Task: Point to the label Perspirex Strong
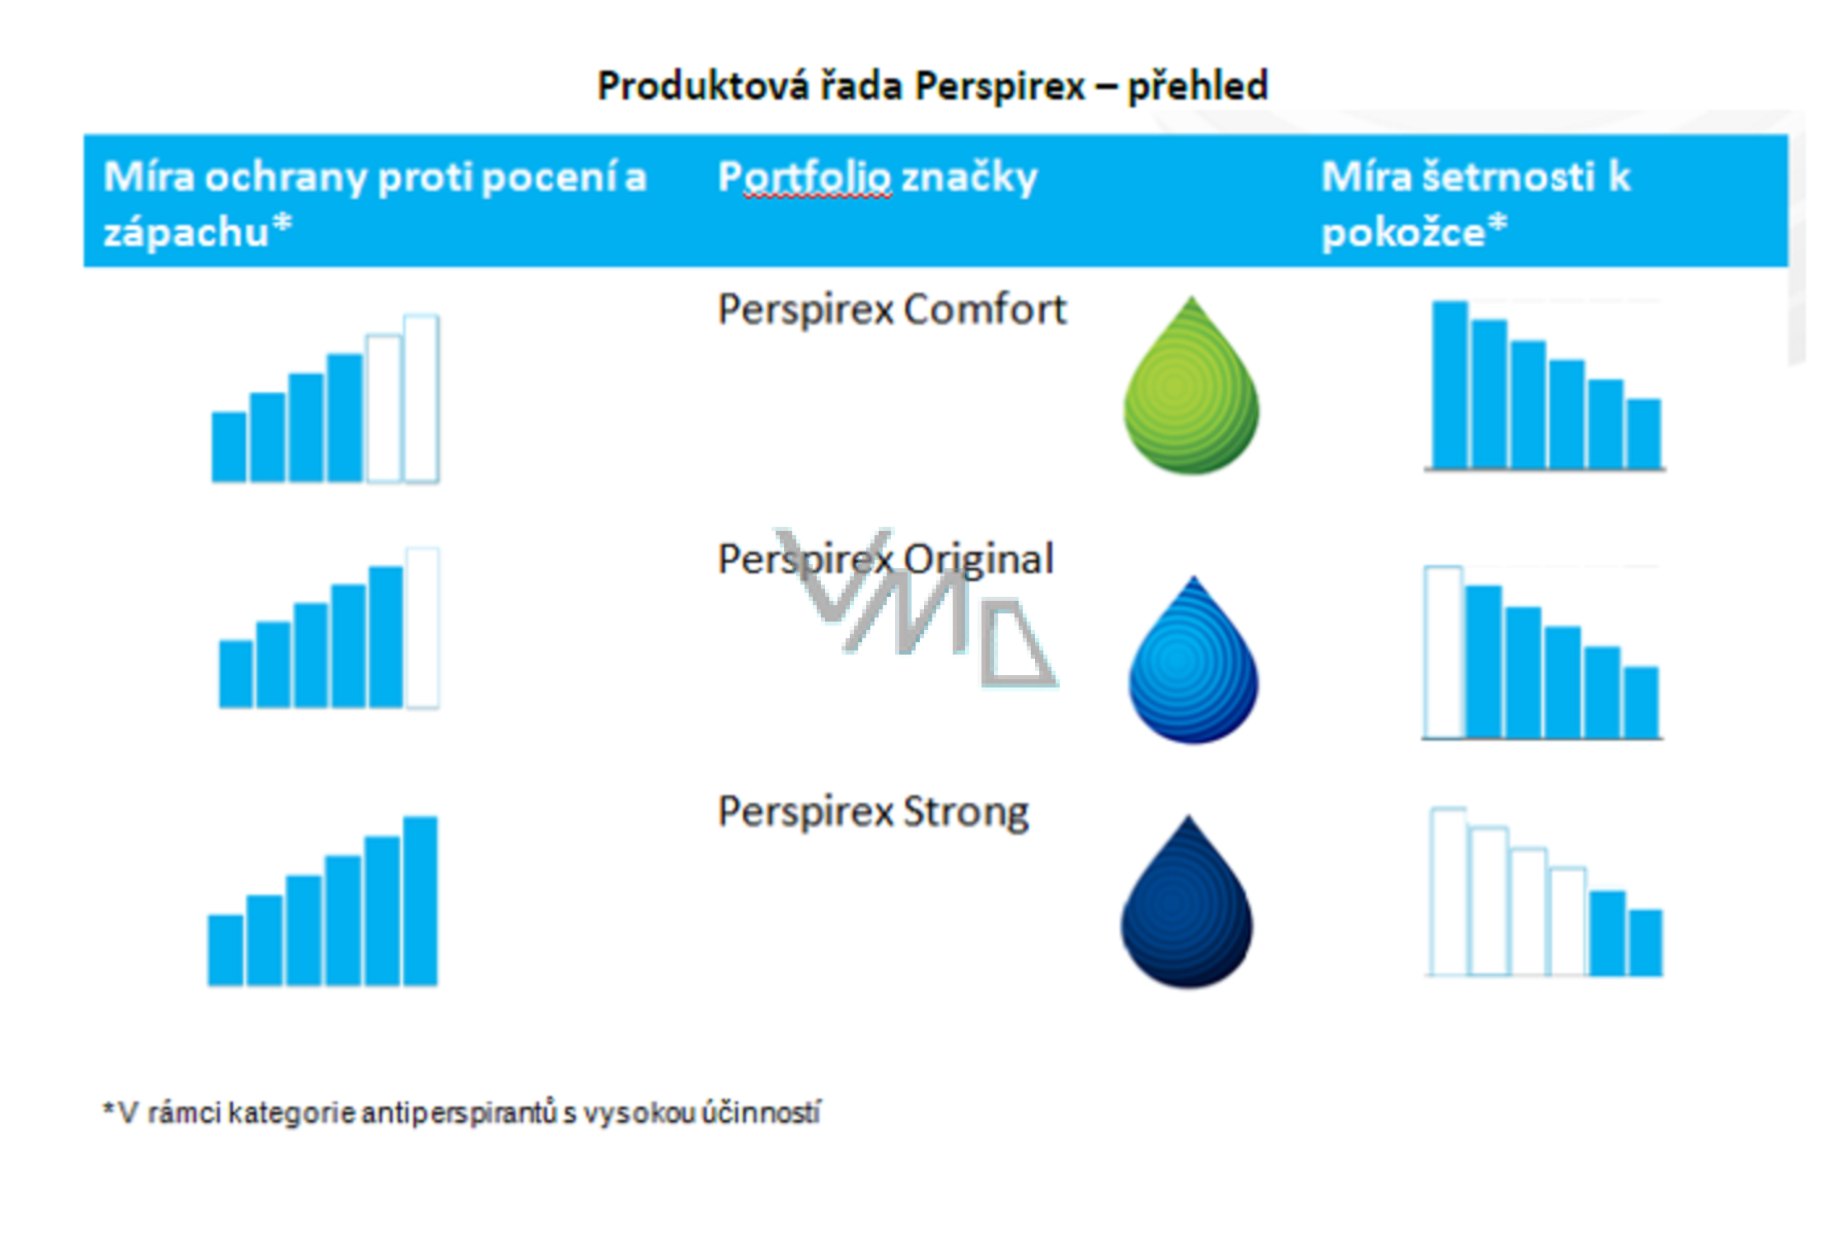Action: tap(873, 812)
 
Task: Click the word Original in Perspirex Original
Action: tap(978, 560)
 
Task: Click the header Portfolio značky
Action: tap(877, 177)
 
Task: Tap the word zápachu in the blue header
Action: tap(186, 232)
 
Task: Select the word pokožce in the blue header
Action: tap(1403, 232)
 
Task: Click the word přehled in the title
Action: tap(1197, 86)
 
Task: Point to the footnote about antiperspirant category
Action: tap(461, 1113)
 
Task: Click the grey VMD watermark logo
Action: tap(913, 606)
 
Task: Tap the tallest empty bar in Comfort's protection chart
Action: tap(421, 398)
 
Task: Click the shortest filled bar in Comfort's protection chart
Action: tap(229, 446)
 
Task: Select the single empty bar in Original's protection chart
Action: tap(422, 628)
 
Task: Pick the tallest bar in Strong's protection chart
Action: tap(420, 900)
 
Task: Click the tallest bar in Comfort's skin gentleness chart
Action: tap(1449, 385)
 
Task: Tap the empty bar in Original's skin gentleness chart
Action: tap(1443, 652)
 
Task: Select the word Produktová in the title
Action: tap(703, 86)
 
